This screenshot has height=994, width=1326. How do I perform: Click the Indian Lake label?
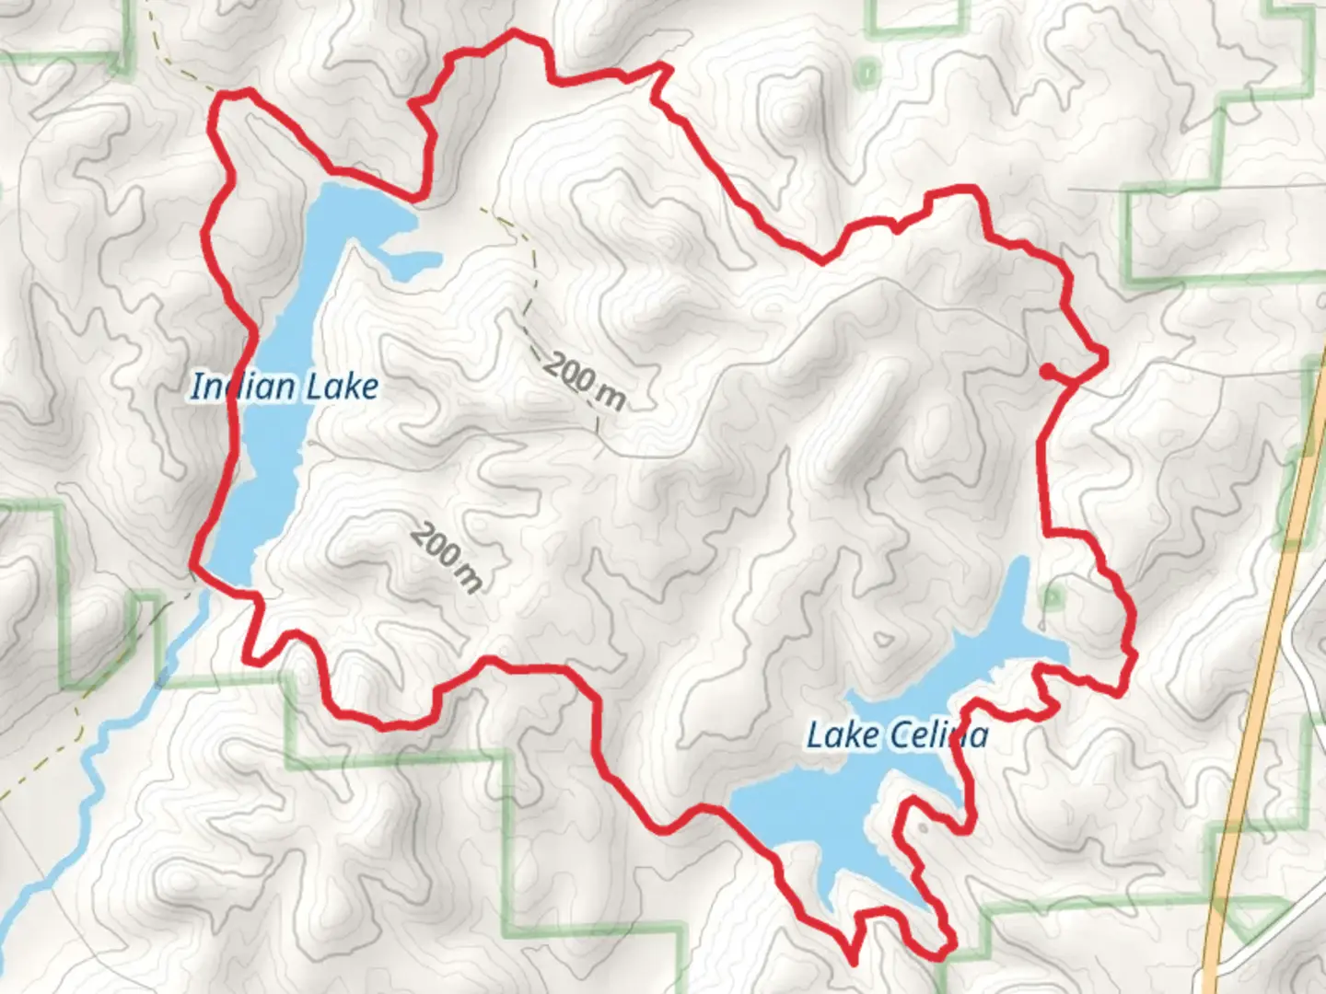coord(284,387)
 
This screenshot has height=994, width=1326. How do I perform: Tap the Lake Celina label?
coord(897,735)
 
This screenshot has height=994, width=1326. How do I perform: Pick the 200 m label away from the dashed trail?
coord(447,557)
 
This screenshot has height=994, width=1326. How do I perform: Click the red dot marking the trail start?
coord(1047,371)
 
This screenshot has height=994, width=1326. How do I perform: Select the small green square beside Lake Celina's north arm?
coord(1052,598)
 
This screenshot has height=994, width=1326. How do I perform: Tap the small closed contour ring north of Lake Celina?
coord(885,639)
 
